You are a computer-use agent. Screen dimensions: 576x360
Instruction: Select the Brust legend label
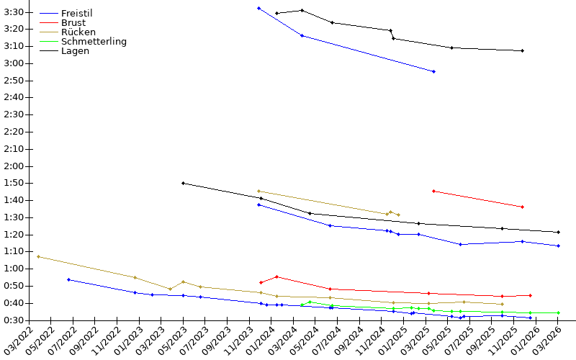click(73, 23)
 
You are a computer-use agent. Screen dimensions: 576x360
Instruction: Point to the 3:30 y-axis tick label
click(14, 12)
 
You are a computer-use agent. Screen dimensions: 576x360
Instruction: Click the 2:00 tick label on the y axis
click(14, 166)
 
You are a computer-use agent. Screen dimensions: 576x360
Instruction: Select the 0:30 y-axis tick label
click(14, 320)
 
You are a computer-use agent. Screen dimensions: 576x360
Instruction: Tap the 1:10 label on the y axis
click(14, 251)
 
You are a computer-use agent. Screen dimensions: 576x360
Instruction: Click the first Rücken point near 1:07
click(39, 257)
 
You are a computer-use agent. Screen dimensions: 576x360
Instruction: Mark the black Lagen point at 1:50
click(184, 184)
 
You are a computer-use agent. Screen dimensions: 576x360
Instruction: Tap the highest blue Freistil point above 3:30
click(259, 9)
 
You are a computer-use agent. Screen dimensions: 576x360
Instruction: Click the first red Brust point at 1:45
click(434, 192)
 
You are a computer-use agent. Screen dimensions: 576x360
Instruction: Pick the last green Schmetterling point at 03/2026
click(559, 313)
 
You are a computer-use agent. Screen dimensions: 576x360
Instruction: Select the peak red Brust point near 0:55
click(277, 277)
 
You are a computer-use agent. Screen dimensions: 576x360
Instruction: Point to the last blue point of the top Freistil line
click(434, 71)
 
